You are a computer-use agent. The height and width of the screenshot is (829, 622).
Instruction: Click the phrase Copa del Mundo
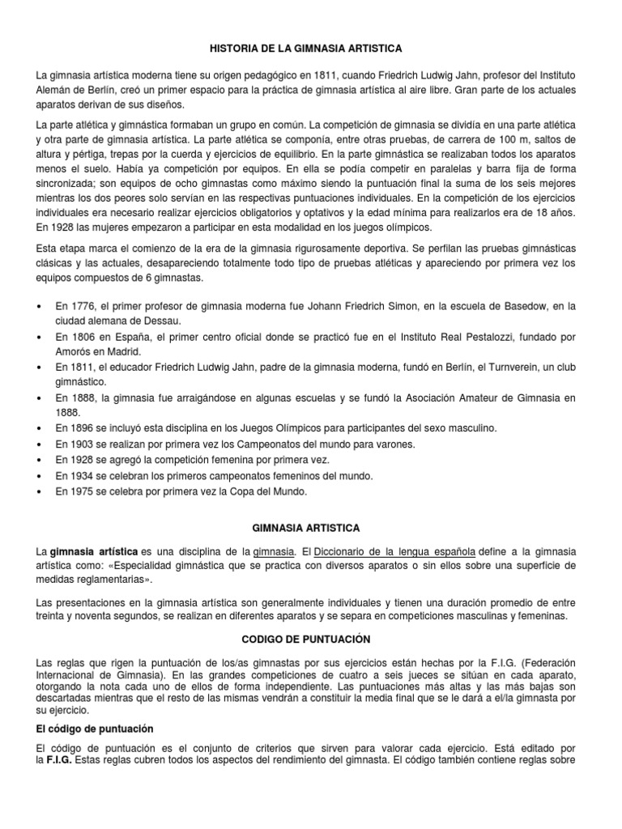pyautogui.click(x=272, y=491)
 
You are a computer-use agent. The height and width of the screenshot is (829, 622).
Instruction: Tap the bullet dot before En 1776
pyautogui.click(x=40, y=305)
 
